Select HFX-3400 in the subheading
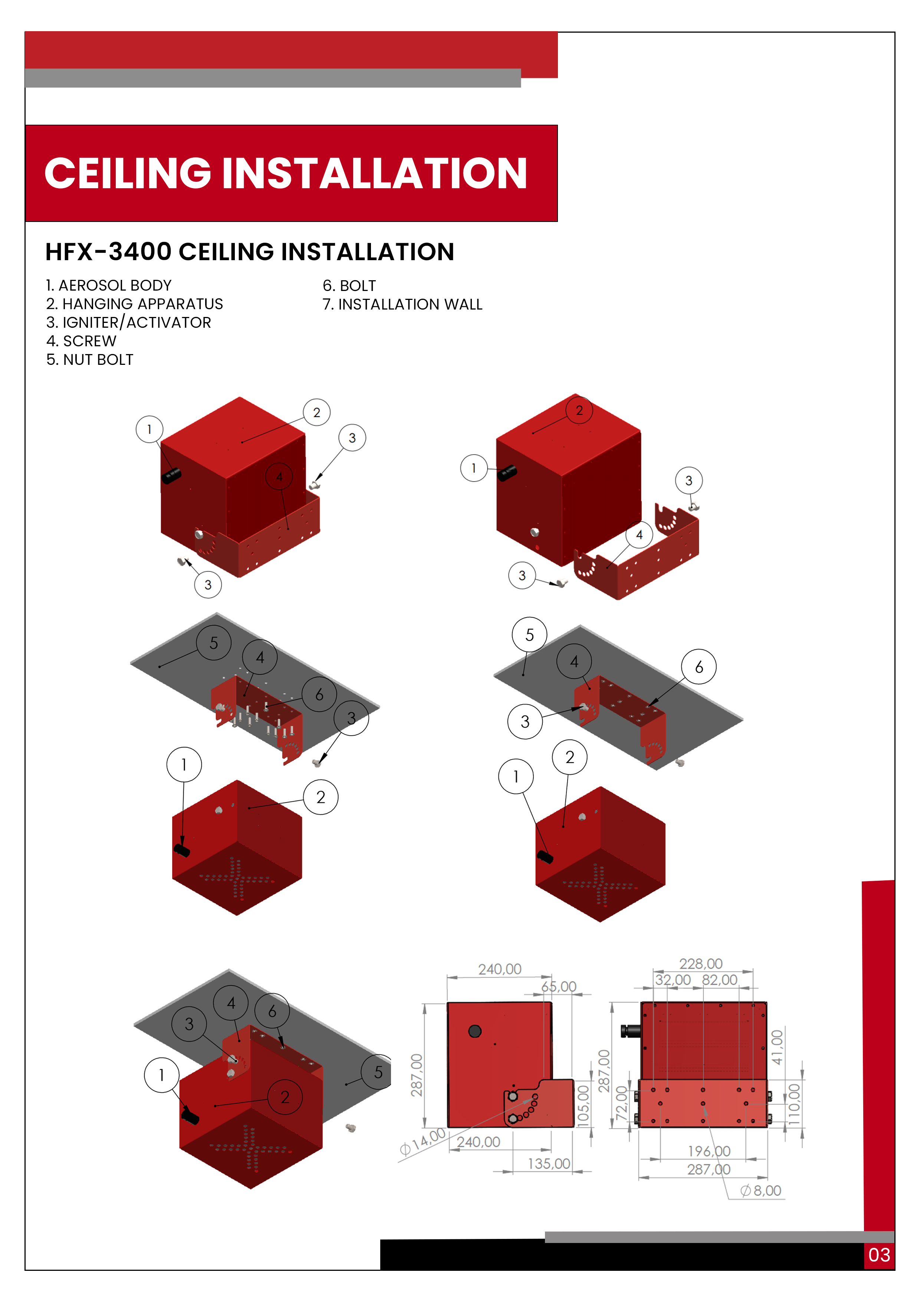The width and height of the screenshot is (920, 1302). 108,252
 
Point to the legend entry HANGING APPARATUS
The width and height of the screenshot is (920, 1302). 143,304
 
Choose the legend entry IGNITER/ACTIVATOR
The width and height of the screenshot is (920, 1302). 137,323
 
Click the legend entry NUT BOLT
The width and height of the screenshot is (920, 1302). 98,360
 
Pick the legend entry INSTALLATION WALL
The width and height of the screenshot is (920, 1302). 410,304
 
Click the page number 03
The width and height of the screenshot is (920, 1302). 879,1255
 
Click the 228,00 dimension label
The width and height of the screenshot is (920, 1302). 701,964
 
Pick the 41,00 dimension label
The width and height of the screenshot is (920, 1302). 777,1047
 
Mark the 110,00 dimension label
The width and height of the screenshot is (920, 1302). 794,1105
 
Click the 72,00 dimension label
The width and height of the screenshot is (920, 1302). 622,1103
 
